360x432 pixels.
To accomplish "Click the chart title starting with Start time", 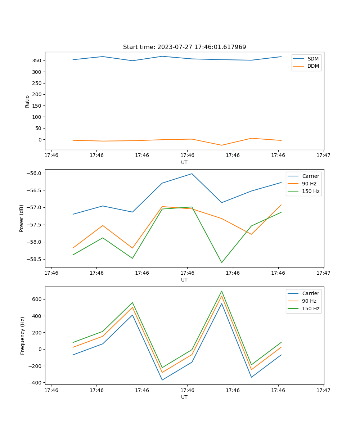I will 184,47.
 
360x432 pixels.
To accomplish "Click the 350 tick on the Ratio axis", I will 37,60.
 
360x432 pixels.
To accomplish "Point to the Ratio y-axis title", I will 27,101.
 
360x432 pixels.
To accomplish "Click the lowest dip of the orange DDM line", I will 221,145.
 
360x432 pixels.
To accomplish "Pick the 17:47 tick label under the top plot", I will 323,156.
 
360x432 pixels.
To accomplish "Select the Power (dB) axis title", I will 22,218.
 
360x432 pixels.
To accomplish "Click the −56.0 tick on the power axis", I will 34,173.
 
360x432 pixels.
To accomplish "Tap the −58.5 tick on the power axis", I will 34,259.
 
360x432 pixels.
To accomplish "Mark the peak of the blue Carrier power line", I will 192,174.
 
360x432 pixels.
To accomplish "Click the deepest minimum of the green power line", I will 221,262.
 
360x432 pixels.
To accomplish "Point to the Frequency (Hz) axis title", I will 23,336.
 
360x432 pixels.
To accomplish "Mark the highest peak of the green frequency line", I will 221,291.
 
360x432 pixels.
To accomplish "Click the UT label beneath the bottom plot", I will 184,397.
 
